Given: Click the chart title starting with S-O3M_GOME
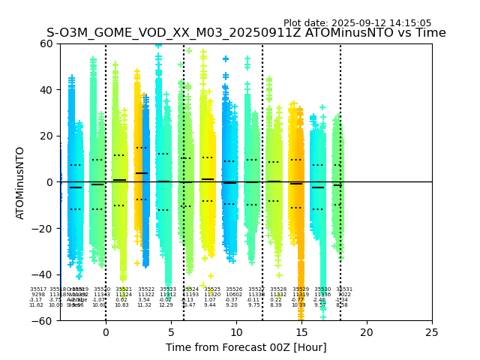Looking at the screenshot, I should (246, 33).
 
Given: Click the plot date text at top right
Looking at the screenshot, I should (357, 23).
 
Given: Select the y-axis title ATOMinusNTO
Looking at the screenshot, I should (20, 182).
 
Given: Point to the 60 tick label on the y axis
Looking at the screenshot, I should (46, 43).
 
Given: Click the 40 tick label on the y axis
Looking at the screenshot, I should (46, 90).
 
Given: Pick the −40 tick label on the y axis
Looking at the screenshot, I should (43, 274).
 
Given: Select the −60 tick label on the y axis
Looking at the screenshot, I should (43, 320).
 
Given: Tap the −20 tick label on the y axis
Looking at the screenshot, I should (43, 228).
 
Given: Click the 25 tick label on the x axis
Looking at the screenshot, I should (432, 331).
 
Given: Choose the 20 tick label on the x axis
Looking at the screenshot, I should (367, 331).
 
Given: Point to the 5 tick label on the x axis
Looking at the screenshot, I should (171, 331).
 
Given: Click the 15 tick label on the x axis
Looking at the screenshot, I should (301, 331).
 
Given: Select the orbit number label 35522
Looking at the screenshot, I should (146, 289).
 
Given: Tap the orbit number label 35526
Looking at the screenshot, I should (234, 289).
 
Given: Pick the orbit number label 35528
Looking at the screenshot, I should (278, 289).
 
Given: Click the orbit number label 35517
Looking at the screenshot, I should (38, 289).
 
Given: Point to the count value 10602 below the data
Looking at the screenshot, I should (234, 295).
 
